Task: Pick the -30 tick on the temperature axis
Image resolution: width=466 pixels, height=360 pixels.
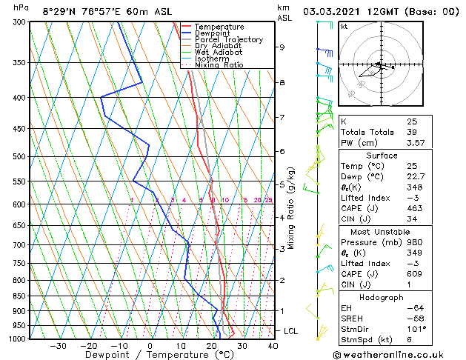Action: [58, 346]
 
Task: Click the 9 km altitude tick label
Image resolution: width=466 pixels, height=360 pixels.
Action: [282, 47]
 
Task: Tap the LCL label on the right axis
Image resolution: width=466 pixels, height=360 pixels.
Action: [290, 331]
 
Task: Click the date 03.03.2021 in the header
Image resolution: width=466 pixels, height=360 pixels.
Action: [333, 12]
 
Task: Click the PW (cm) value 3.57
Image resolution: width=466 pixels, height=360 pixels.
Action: [416, 143]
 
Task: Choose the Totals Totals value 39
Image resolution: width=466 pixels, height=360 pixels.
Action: [411, 132]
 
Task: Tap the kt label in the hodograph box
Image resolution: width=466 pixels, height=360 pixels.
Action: [344, 26]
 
